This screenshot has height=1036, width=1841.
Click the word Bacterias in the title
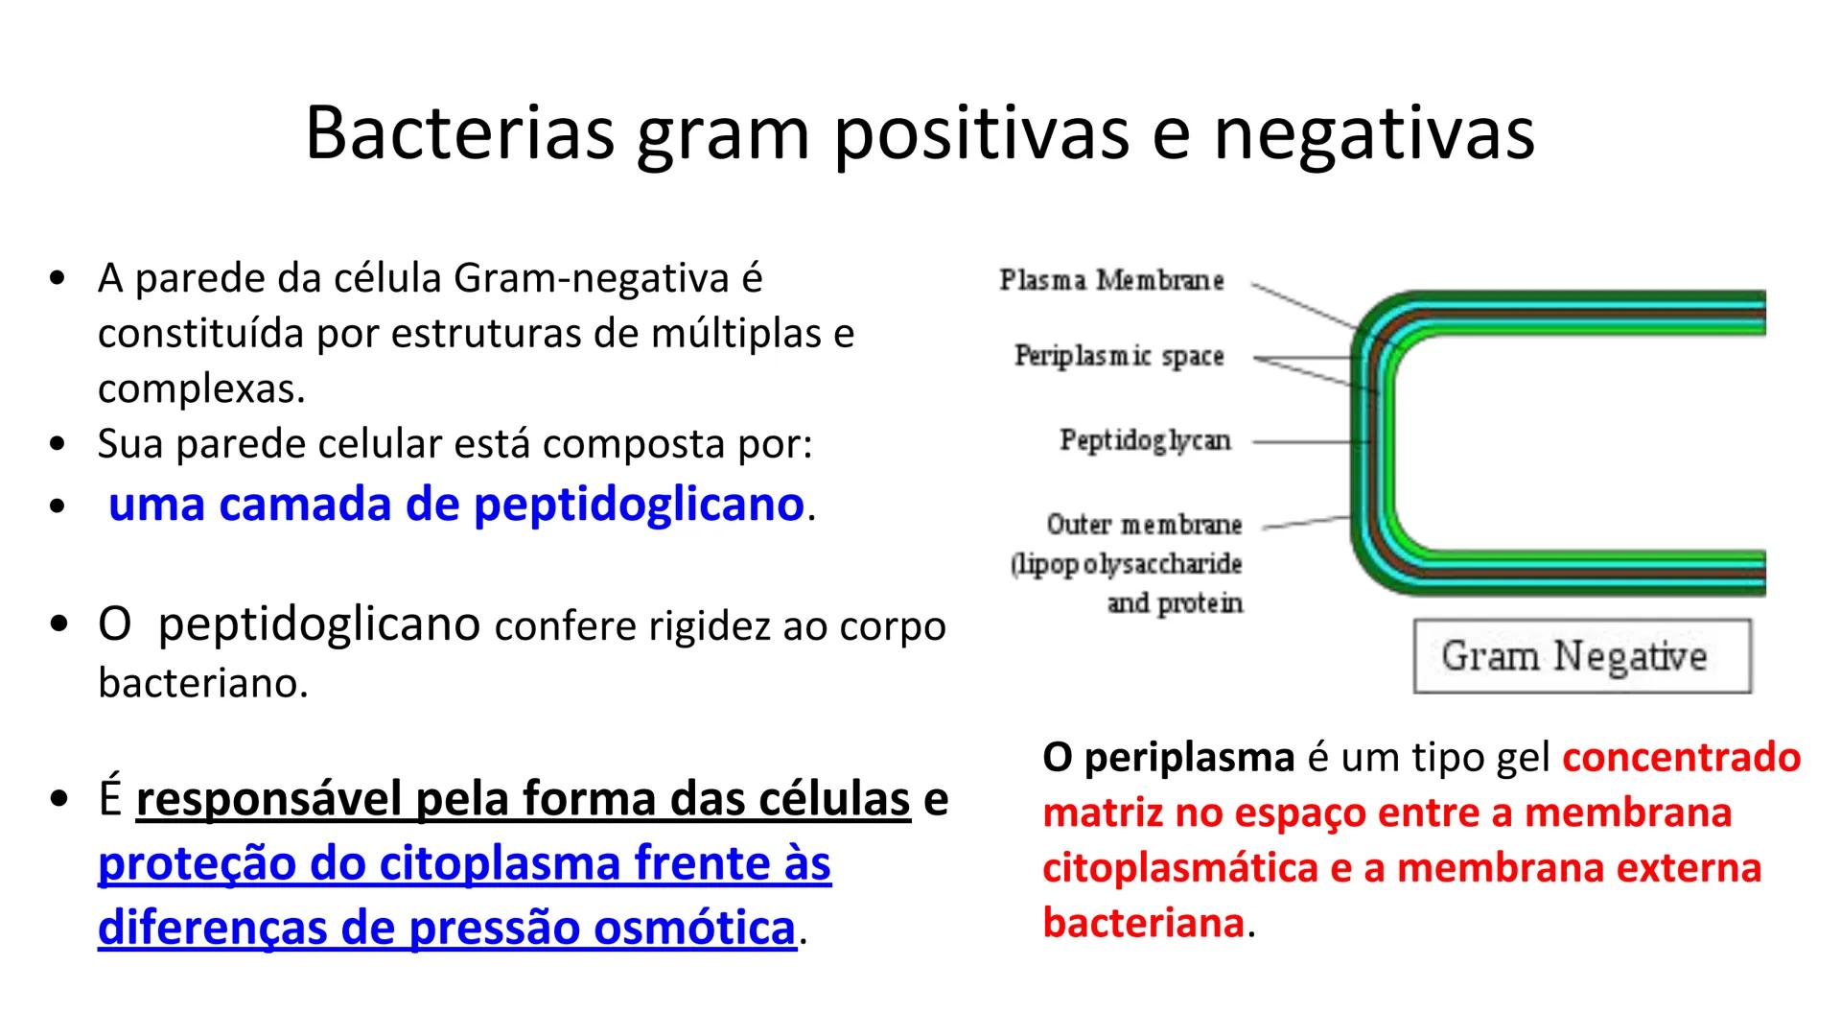459,133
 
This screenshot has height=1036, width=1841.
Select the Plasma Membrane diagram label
1111,280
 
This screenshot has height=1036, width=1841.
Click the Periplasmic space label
1119,356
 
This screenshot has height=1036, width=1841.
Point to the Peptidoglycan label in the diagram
1145,440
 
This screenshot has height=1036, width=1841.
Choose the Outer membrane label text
1144,525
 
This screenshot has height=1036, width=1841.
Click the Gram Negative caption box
1581,656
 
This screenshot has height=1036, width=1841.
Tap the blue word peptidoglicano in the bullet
639,504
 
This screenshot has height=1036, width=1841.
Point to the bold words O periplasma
1168,758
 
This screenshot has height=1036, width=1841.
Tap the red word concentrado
1681,758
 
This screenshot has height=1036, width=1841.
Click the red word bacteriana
1143,923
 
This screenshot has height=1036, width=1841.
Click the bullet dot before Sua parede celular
58,445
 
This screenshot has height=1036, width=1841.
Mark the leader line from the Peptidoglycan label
1309,442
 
